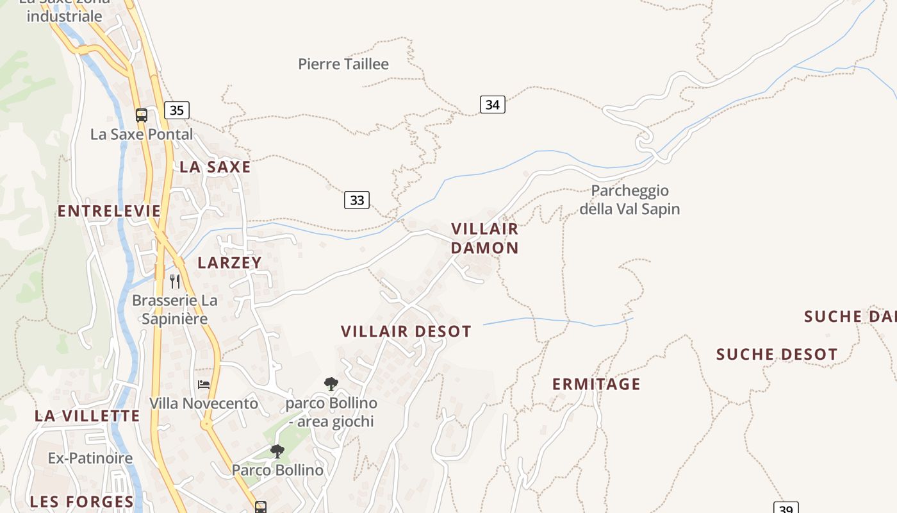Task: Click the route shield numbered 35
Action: (176, 110)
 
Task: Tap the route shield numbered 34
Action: (492, 105)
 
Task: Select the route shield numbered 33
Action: (357, 200)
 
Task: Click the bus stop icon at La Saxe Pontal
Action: (142, 115)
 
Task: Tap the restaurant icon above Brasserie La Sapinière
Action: (175, 281)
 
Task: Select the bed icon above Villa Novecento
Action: (204, 385)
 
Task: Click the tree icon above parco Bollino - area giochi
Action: (331, 384)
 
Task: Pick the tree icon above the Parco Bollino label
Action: (277, 451)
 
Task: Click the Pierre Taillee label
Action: (343, 64)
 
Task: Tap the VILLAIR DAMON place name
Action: (484, 238)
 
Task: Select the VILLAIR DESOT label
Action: (406, 332)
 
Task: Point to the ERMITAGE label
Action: (596, 384)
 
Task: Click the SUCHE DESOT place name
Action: (777, 355)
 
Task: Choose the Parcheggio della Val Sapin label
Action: (629, 199)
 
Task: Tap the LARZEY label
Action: (229, 262)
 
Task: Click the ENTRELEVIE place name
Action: (109, 211)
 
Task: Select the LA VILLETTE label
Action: (87, 416)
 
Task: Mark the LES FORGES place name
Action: (82, 501)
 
